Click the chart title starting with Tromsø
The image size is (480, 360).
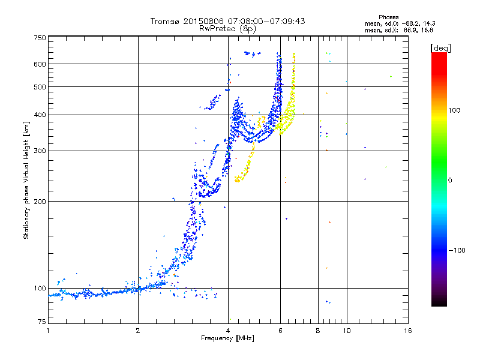coord(227,21)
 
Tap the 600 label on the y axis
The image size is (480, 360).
coord(40,64)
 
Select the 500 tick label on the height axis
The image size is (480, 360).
coord(40,87)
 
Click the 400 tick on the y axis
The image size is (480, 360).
coord(40,115)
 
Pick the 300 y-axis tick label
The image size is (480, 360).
coord(40,151)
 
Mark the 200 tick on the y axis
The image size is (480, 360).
coord(40,201)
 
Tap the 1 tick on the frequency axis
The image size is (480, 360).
coord(48,331)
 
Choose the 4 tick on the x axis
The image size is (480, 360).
coord(228,331)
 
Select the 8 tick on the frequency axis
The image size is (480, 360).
coord(318,331)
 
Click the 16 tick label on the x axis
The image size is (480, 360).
coord(407,331)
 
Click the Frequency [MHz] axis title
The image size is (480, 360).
coord(227,338)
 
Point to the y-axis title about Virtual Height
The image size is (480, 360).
coord(26,180)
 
